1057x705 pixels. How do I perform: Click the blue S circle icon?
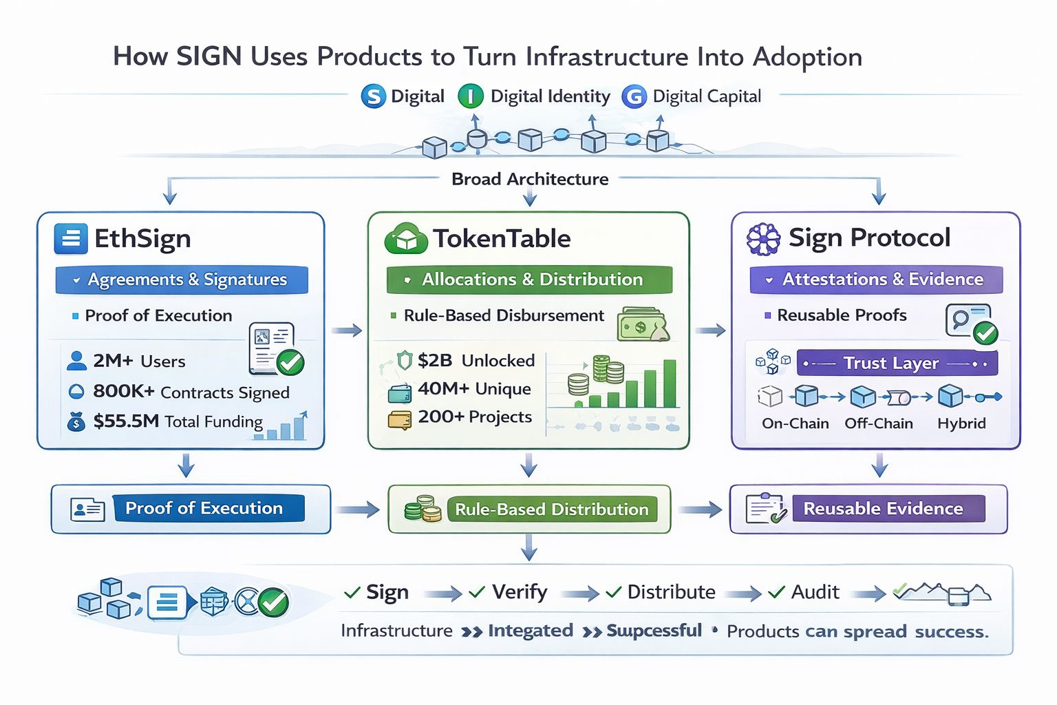click(373, 96)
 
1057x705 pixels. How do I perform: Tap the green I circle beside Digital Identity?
click(471, 96)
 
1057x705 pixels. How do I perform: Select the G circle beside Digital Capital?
click(634, 96)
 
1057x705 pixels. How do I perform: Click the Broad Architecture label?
click(530, 179)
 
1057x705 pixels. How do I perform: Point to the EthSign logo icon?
click(71, 239)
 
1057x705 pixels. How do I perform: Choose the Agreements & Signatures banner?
click(182, 280)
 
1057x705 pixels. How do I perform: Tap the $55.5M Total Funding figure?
click(178, 421)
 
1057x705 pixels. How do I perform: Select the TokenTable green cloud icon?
click(406, 238)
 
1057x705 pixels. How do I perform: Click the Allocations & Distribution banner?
click(529, 280)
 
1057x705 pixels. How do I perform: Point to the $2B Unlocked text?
click(476, 360)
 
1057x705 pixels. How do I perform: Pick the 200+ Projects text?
click(475, 417)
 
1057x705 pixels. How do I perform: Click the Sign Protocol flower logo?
click(763, 239)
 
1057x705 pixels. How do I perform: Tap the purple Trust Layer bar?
click(897, 363)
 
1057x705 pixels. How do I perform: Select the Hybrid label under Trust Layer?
click(961, 423)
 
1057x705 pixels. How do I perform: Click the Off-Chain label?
click(879, 423)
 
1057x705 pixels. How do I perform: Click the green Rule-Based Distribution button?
click(551, 509)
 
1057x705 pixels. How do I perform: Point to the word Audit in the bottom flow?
click(815, 592)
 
